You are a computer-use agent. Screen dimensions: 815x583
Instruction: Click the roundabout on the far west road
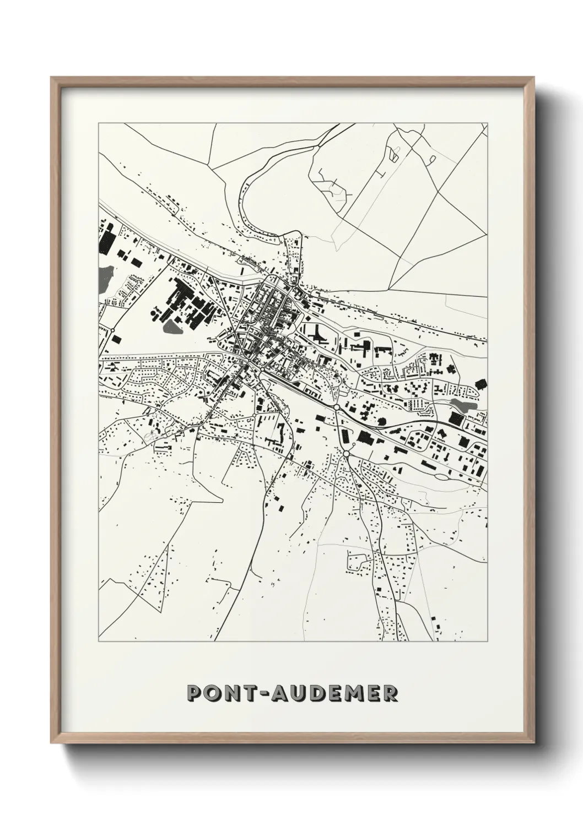(x=112, y=330)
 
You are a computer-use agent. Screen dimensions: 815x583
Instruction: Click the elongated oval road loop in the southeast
(x=441, y=475)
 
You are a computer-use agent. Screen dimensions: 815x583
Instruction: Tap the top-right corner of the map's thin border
(x=487, y=124)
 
